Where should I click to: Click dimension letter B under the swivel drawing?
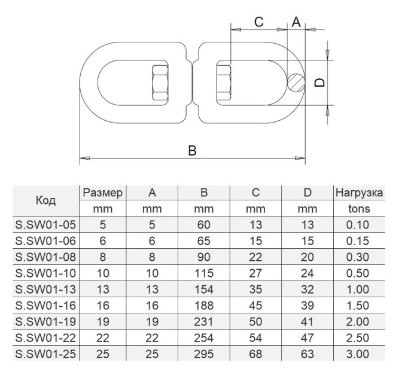click(x=193, y=150)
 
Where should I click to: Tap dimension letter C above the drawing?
click(x=259, y=22)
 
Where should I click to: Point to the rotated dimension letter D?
click(x=319, y=83)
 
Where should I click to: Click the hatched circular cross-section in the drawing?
click(x=296, y=83)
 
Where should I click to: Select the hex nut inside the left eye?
click(x=160, y=83)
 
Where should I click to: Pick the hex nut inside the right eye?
click(x=224, y=83)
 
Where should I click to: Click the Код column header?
click(x=46, y=200)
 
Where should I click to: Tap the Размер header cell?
click(x=102, y=193)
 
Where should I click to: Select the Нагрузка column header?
click(x=359, y=193)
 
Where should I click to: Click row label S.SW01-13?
click(x=46, y=289)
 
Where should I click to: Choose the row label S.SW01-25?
click(x=46, y=354)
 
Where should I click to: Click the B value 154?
click(x=204, y=289)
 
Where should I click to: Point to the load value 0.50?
click(x=358, y=273)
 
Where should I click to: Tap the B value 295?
click(x=204, y=354)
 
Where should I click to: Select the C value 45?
click(x=256, y=306)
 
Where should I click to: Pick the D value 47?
click(x=307, y=338)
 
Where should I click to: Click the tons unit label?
click(x=359, y=209)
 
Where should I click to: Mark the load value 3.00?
click(x=358, y=354)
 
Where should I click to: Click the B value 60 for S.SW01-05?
click(x=204, y=225)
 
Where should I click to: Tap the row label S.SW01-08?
click(x=46, y=257)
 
